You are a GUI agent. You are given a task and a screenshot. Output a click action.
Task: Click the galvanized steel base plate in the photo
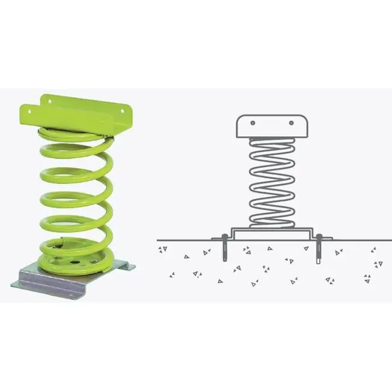72,279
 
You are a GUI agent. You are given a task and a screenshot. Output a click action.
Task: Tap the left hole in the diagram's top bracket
253,122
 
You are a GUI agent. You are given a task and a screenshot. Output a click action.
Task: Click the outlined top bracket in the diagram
272,127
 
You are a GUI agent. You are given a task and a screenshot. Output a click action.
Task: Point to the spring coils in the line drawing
272,181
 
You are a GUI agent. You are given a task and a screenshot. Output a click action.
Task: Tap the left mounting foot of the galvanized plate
24,283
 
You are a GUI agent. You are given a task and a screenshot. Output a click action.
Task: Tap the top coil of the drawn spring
272,142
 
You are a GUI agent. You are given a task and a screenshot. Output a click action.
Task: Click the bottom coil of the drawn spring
272,222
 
